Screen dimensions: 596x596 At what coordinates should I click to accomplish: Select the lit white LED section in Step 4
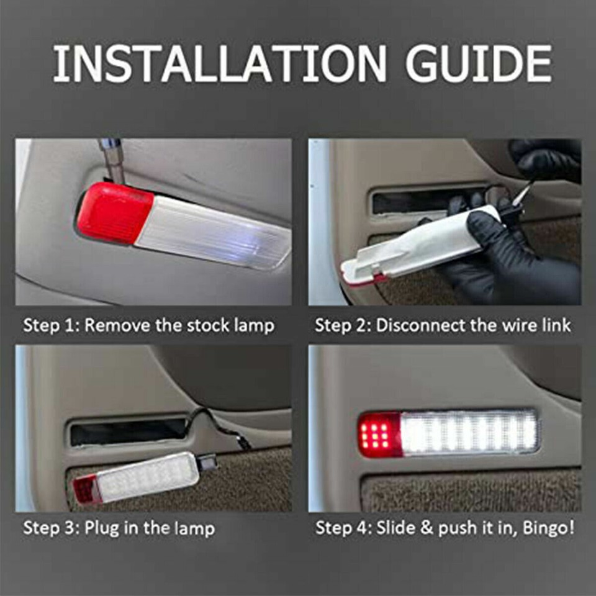pyautogui.click(x=469, y=432)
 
